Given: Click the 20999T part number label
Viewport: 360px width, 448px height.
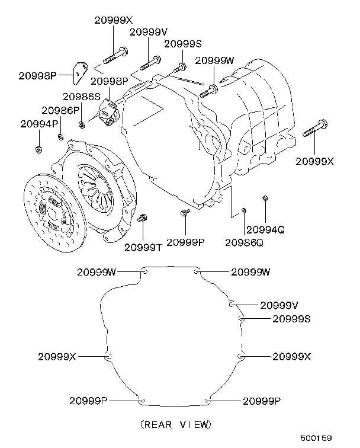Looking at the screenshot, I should tap(143, 247).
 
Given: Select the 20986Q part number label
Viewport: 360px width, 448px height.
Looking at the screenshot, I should tap(244, 242).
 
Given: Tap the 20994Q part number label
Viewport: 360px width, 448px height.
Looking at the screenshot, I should tap(265, 229).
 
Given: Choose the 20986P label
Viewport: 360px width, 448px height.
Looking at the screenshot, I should tap(60, 110).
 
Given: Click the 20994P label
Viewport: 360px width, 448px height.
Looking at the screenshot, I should tap(39, 124).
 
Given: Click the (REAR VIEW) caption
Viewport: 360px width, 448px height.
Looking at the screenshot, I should tap(175, 424).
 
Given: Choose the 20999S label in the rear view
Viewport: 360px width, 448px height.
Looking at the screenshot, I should tap(291, 319).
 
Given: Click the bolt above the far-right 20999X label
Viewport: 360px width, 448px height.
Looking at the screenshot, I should tap(314, 130).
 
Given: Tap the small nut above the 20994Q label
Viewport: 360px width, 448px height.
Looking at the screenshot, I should tap(265, 198).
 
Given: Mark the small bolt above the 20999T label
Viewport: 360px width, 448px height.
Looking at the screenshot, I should tap(142, 220).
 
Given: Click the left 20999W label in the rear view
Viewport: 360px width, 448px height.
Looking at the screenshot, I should tap(97, 272).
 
